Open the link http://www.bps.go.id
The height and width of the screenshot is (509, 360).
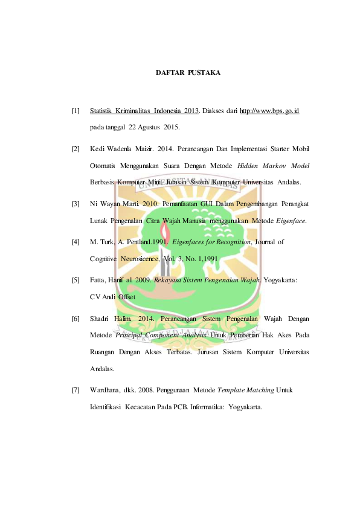click(269, 111)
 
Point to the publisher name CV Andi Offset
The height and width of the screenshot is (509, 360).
click(112, 297)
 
